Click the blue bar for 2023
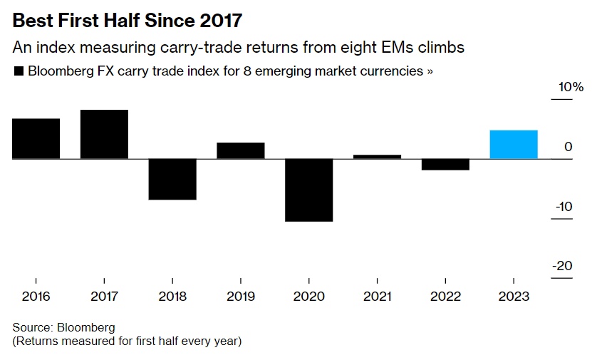[513, 144]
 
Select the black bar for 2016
[36, 138]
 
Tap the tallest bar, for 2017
[104, 134]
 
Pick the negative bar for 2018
[172, 179]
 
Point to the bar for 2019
[241, 150]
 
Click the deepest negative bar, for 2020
[308, 190]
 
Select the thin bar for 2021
[377, 156]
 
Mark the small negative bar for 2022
[445, 164]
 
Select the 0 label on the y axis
[568, 147]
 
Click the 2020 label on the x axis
[308, 297]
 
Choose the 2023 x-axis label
[514, 297]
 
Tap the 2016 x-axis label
[36, 297]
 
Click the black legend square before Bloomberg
[19, 72]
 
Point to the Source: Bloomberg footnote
[63, 327]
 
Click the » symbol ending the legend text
[430, 72]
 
